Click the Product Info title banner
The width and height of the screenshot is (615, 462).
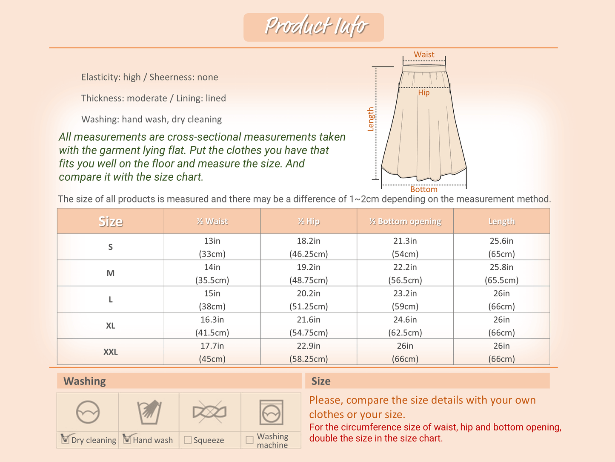[x=314, y=27]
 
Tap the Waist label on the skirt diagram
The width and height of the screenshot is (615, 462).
[x=424, y=55]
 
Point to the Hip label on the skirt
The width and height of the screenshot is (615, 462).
[x=423, y=92]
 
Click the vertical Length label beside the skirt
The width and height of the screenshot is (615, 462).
[x=371, y=119]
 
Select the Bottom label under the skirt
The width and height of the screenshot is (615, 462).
[x=423, y=189]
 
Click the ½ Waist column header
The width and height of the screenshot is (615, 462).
[x=212, y=221]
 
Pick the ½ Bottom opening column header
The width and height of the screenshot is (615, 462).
[x=405, y=221]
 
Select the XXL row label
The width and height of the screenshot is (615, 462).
[x=111, y=352]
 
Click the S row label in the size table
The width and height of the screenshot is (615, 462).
[x=111, y=247]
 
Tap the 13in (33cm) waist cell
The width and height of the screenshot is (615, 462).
[x=212, y=247]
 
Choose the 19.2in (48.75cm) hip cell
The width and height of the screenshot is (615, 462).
[x=309, y=273]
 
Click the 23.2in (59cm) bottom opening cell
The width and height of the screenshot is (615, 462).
[x=405, y=300]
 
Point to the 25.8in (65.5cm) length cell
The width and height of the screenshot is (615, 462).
[x=501, y=273]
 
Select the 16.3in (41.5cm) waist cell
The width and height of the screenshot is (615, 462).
[x=212, y=326]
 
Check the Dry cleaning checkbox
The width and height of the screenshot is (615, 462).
[x=66, y=439]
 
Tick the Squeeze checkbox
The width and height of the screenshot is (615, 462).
[x=188, y=440]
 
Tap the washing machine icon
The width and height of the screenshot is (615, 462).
[x=271, y=412]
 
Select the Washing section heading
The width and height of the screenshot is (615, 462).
[x=85, y=381]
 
